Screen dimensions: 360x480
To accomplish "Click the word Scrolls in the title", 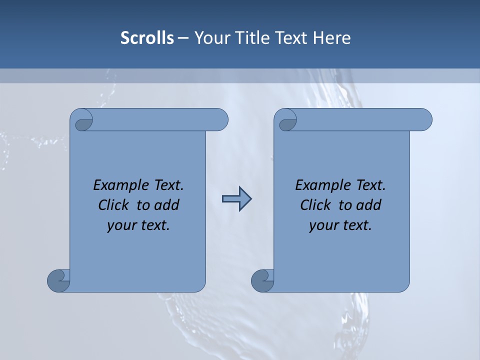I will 147,38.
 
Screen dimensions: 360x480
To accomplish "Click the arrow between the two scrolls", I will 236,199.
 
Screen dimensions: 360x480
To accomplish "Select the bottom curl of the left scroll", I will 58,280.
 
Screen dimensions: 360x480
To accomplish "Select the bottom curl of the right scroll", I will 262,280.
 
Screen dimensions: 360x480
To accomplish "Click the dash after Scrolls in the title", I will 183,38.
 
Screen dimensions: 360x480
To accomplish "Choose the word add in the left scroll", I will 166,205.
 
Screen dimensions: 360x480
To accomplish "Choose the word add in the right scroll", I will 368,205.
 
